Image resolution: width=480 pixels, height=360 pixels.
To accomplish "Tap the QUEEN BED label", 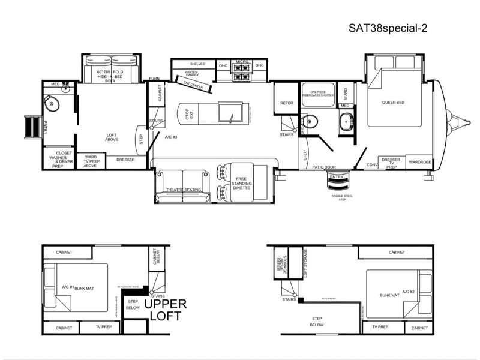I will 393,103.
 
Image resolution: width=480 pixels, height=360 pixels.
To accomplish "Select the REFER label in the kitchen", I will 286,103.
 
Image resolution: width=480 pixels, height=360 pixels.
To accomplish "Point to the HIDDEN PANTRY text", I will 187,73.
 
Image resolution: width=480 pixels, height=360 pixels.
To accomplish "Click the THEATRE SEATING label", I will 183,190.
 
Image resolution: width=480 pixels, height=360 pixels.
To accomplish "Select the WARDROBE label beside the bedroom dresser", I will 421,162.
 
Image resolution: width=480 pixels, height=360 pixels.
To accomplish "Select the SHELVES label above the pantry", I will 197,64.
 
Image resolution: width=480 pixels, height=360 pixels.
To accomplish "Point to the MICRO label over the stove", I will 242,62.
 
